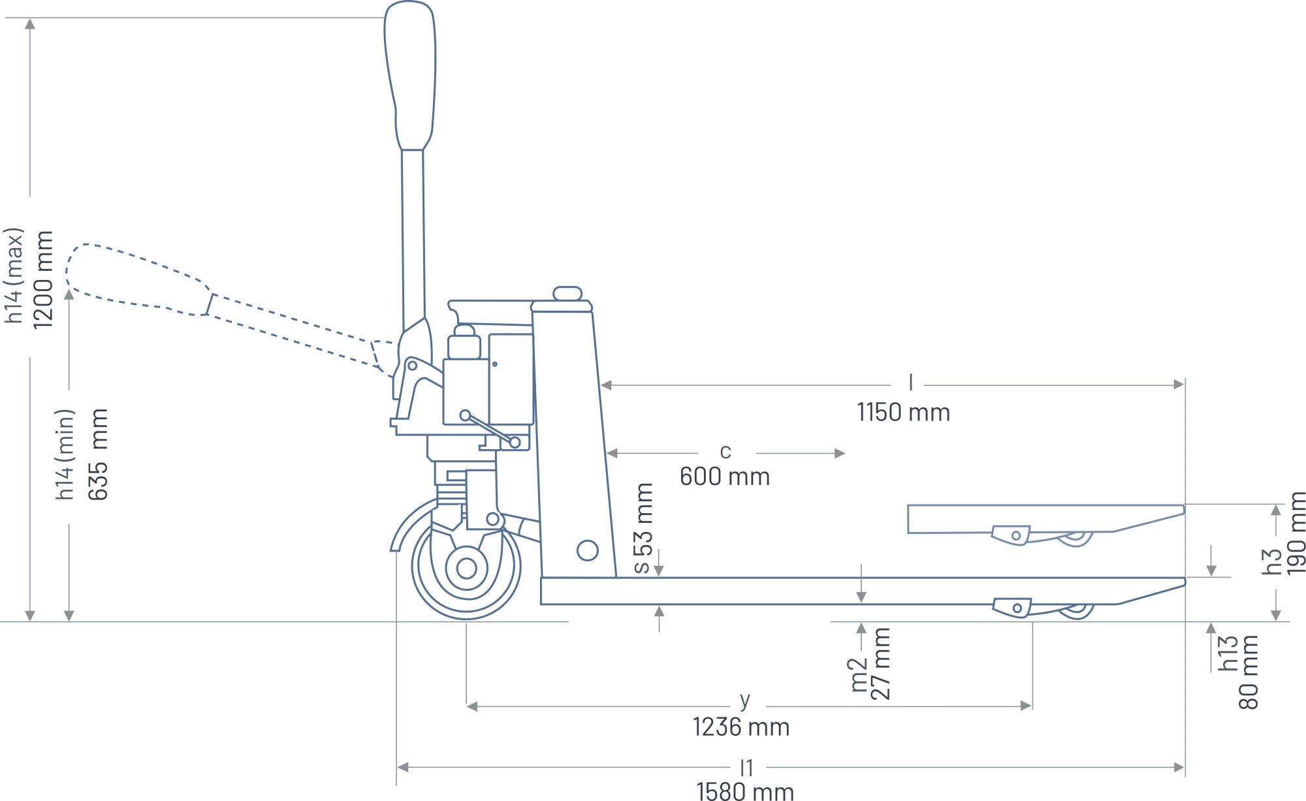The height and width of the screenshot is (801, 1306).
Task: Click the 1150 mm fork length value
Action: [x=903, y=413]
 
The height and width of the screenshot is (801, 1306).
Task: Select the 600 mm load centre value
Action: [x=725, y=477]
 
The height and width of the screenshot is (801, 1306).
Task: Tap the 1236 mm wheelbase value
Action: [x=741, y=727]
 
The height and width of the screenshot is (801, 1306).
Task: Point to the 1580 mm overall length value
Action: [x=745, y=791]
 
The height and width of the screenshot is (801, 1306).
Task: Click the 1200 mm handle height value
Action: [x=42, y=279]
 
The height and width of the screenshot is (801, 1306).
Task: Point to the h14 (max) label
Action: [x=14, y=275]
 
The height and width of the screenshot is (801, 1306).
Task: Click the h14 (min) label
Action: [x=65, y=454]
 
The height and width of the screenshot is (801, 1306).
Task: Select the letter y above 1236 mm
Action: [x=745, y=700]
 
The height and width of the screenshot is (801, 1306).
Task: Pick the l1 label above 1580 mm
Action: [x=746, y=768]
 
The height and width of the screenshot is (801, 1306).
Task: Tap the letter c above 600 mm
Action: [x=725, y=451]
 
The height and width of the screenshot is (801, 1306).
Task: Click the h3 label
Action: [x=1271, y=561]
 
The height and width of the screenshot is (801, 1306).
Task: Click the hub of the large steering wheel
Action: [x=466, y=569]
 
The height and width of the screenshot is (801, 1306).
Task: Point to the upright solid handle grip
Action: [x=410, y=75]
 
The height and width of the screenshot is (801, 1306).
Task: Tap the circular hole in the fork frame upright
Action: [x=588, y=551]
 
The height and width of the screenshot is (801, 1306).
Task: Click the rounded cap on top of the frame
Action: [x=567, y=293]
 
